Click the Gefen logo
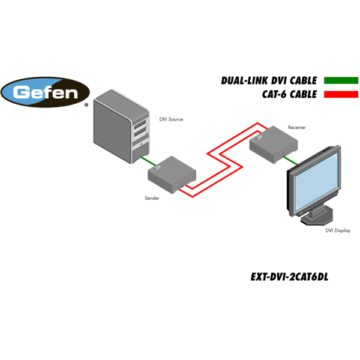[x=45, y=92]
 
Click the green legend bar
[x=341, y=80]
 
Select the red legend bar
[x=341, y=94]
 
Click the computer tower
[x=121, y=126]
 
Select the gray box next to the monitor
[x=274, y=144]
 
